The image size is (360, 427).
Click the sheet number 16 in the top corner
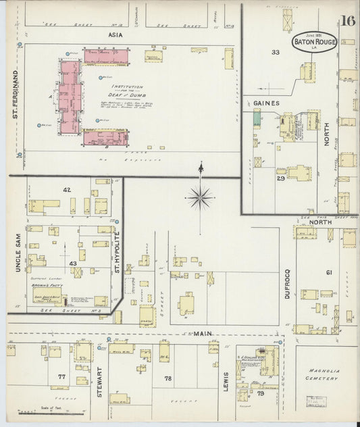click(x=348, y=20)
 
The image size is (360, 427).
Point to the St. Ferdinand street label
click(x=15, y=91)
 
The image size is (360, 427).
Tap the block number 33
click(x=275, y=51)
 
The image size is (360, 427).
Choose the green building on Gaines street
click(x=257, y=118)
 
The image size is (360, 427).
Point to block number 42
click(x=66, y=191)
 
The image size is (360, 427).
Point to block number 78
click(x=168, y=378)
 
